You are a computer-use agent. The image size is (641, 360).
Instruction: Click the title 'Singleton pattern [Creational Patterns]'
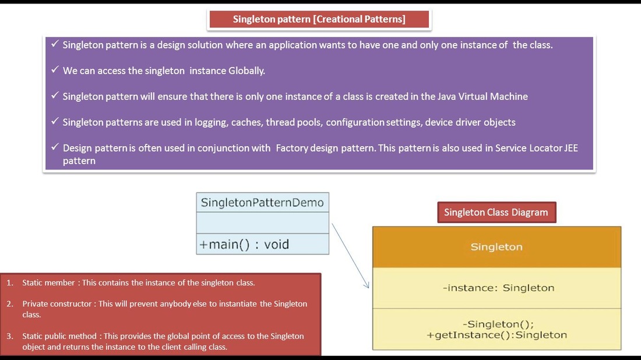coord(319,19)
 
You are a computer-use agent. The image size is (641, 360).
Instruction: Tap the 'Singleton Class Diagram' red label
coord(496,212)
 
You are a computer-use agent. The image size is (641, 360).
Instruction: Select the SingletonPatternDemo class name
coord(262,202)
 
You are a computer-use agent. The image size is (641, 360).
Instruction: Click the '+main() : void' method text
coord(244,244)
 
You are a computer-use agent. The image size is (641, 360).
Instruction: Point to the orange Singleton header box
coord(496,247)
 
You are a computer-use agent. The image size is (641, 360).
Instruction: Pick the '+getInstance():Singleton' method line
coord(496,335)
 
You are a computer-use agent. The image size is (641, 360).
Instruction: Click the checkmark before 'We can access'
coord(54,70)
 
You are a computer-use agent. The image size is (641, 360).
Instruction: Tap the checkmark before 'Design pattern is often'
coord(54,147)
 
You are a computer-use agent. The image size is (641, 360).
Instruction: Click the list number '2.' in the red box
coord(10,303)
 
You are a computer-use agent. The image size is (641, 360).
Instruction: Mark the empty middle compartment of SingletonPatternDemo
coord(262,223)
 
